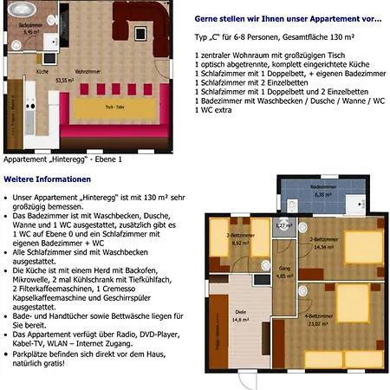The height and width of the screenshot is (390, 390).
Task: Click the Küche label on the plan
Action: click(42, 71)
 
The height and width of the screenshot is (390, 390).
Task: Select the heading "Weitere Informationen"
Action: click(46, 179)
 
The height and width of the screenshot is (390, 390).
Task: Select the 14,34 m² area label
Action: click(323, 247)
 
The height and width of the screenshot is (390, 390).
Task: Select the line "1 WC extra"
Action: click(217, 110)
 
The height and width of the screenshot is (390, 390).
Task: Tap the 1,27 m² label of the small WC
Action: click(282, 225)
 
